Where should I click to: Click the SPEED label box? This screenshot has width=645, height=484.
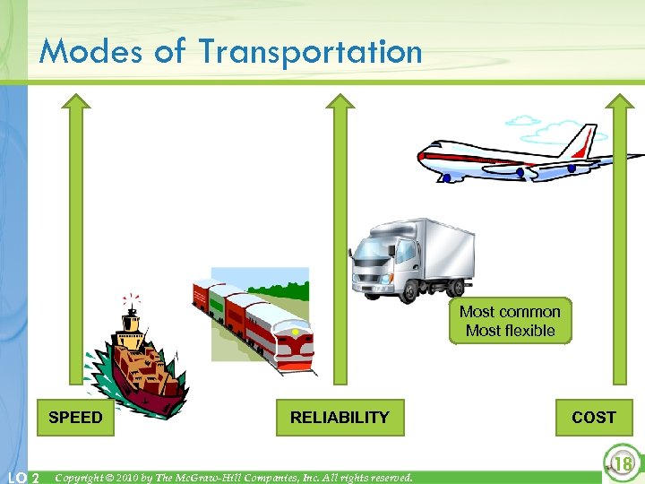point(75,418)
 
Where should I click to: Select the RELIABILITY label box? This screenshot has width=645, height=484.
point(340,418)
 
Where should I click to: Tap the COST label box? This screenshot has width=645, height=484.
point(593,418)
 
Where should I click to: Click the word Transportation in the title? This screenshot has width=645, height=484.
point(310,51)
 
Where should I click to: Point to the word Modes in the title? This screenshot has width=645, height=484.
point(90,51)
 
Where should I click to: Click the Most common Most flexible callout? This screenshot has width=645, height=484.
point(510,321)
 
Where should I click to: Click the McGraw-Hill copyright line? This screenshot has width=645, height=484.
point(233,478)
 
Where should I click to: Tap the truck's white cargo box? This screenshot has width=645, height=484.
point(439,246)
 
